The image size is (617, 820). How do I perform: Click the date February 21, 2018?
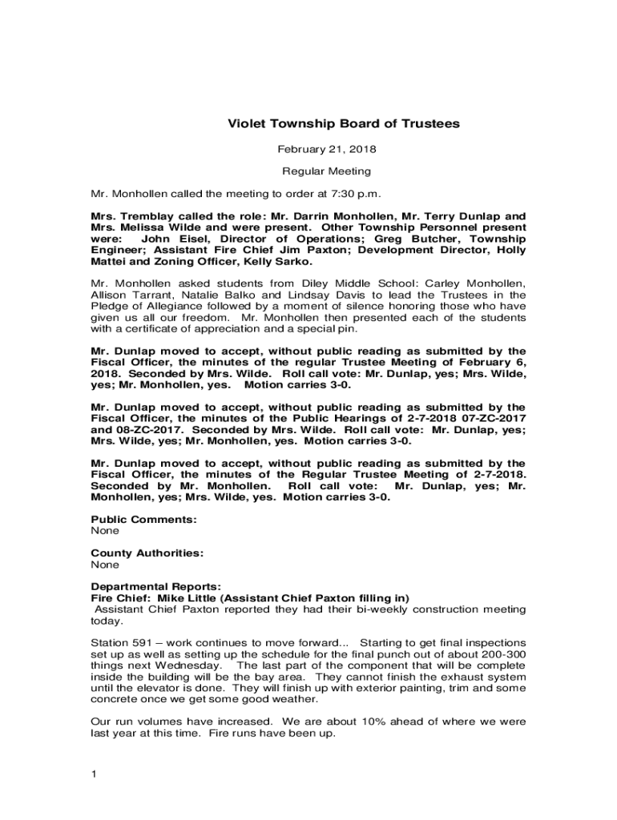coord(327,149)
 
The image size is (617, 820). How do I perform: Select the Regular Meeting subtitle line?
coord(326,171)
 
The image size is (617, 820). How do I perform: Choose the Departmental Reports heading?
coord(155,587)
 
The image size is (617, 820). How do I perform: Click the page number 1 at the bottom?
coord(95,774)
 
